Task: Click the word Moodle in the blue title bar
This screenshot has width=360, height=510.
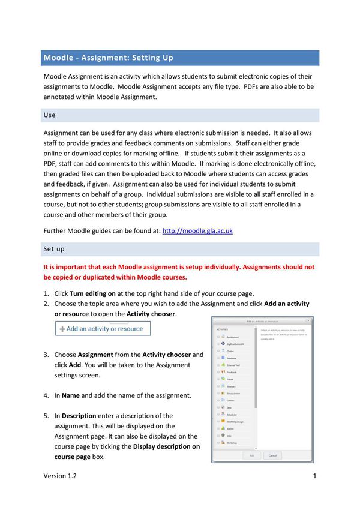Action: point(59,58)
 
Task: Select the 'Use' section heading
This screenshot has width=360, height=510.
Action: point(50,115)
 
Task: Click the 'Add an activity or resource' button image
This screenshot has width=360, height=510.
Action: point(103,329)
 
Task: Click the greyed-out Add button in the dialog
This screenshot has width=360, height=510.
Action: point(251,455)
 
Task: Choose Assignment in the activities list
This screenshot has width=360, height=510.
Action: point(232,337)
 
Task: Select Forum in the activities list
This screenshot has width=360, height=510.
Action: point(229,379)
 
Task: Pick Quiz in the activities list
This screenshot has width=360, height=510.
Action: point(229,407)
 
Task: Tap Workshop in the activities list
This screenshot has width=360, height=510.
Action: point(232,443)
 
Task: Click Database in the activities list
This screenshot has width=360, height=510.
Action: point(232,358)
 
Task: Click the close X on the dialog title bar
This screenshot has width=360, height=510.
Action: point(308,321)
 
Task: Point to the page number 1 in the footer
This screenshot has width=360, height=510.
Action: point(314,476)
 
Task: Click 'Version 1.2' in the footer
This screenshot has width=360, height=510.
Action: point(60,476)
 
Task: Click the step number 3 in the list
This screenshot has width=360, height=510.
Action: point(46,355)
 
